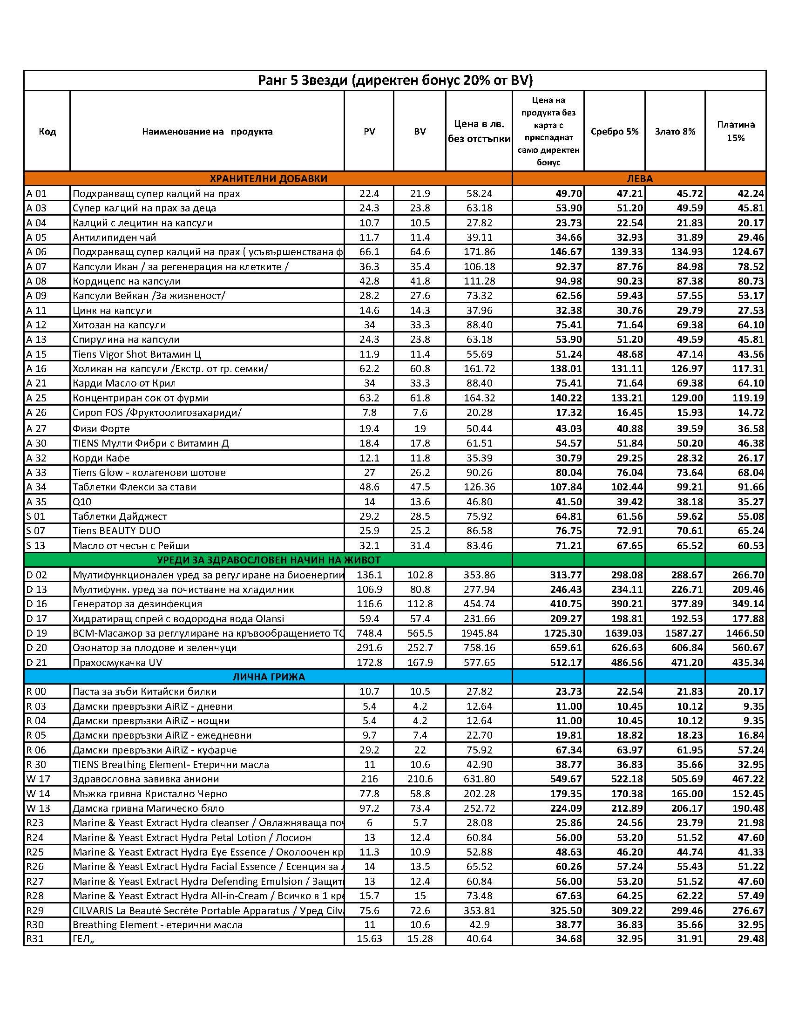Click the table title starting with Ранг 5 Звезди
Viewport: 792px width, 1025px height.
pos(395,81)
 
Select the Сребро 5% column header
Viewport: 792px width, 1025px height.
pos(614,131)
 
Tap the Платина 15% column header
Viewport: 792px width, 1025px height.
pos(735,131)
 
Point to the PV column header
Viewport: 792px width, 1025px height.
pos(369,131)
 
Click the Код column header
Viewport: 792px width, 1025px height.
pos(47,131)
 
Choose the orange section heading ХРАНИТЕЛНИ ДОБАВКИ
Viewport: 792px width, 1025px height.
pos(268,178)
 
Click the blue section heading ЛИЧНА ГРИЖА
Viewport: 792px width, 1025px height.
pos(268,677)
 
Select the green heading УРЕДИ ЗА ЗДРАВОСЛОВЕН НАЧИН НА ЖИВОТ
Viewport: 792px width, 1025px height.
pos(268,560)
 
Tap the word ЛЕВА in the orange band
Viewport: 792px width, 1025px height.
pos(639,178)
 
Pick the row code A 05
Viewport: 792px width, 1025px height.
pos(37,238)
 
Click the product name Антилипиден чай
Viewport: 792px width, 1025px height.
pos(114,238)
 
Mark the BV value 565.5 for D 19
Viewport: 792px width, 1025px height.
pos(420,633)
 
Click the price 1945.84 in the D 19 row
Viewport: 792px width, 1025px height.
pos(479,633)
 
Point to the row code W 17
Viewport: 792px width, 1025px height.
pos(37,779)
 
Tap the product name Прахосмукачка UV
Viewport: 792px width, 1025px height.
pos(117,663)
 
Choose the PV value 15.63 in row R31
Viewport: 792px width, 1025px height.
pos(369,939)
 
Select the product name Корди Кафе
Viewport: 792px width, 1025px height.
pos(101,458)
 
